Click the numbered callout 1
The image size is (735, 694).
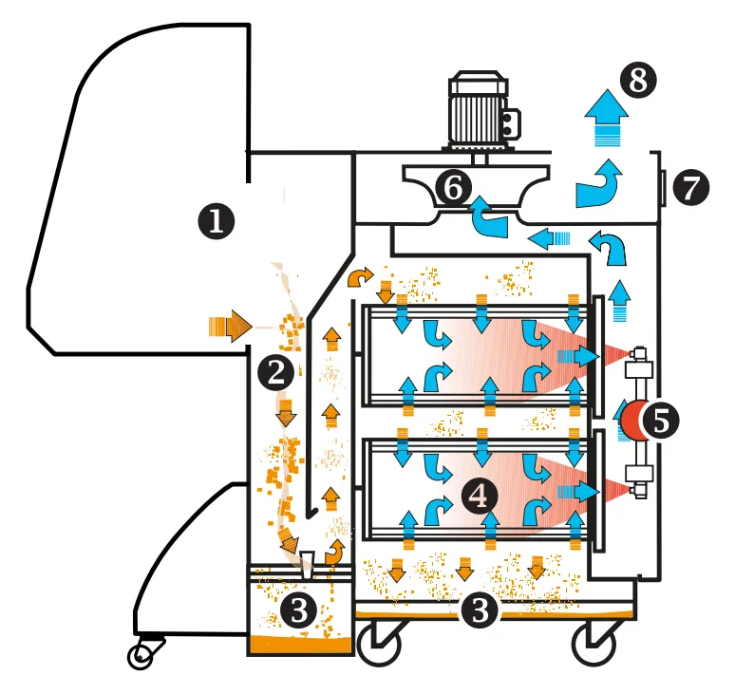[x=217, y=221]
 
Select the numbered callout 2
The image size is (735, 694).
[x=276, y=373]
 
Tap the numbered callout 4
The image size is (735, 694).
[x=479, y=496]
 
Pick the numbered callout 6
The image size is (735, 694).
[x=453, y=188]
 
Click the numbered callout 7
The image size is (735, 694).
[x=691, y=187]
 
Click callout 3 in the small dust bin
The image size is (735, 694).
[x=299, y=611]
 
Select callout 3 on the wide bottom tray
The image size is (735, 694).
[x=479, y=610]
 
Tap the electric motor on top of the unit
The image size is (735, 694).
[x=482, y=111]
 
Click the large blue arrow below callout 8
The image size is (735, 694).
[x=607, y=117]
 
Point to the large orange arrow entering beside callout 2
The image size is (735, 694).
[x=230, y=326]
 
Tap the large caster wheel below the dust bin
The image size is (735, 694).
[x=379, y=643]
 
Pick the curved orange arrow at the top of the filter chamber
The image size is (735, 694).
[x=359, y=276]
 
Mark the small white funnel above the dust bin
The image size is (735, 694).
[x=307, y=565]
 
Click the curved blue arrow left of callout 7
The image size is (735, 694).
[x=599, y=184]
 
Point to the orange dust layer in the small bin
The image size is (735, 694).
[x=300, y=645]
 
